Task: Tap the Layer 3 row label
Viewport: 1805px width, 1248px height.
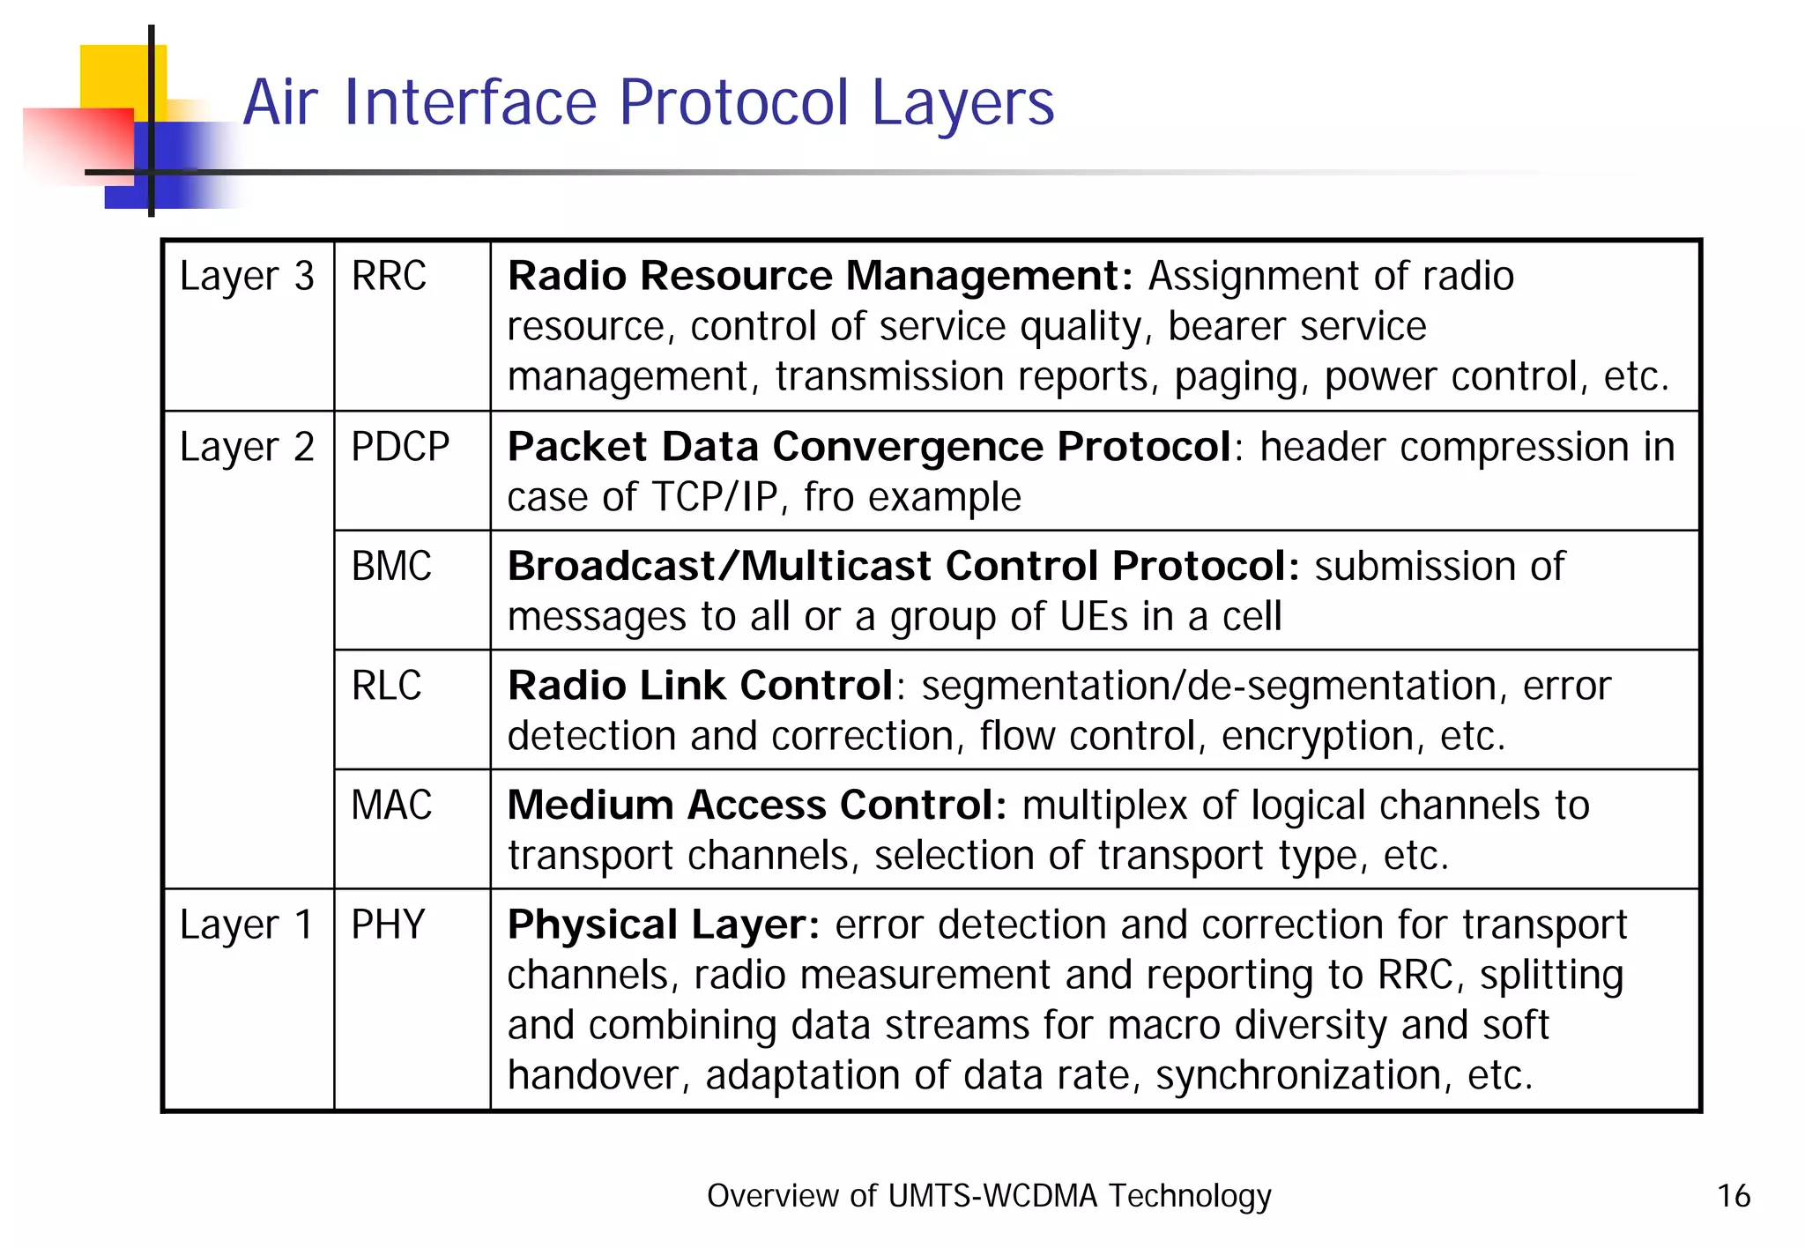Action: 246,277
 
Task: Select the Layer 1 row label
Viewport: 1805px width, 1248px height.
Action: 246,925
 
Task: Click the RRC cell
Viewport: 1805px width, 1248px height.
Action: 389,276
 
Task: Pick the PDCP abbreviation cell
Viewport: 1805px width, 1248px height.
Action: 400,447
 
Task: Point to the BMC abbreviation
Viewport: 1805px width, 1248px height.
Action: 391,566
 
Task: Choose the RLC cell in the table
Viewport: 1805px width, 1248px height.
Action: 386,686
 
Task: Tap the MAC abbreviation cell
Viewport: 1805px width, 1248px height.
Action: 391,806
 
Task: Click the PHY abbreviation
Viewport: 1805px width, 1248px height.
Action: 388,925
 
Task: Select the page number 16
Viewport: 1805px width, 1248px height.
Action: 1733,1196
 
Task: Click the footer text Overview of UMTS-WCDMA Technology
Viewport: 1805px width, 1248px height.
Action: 989,1196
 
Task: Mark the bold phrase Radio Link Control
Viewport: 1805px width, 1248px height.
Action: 701,686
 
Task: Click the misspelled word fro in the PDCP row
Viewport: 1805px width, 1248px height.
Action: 828,497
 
